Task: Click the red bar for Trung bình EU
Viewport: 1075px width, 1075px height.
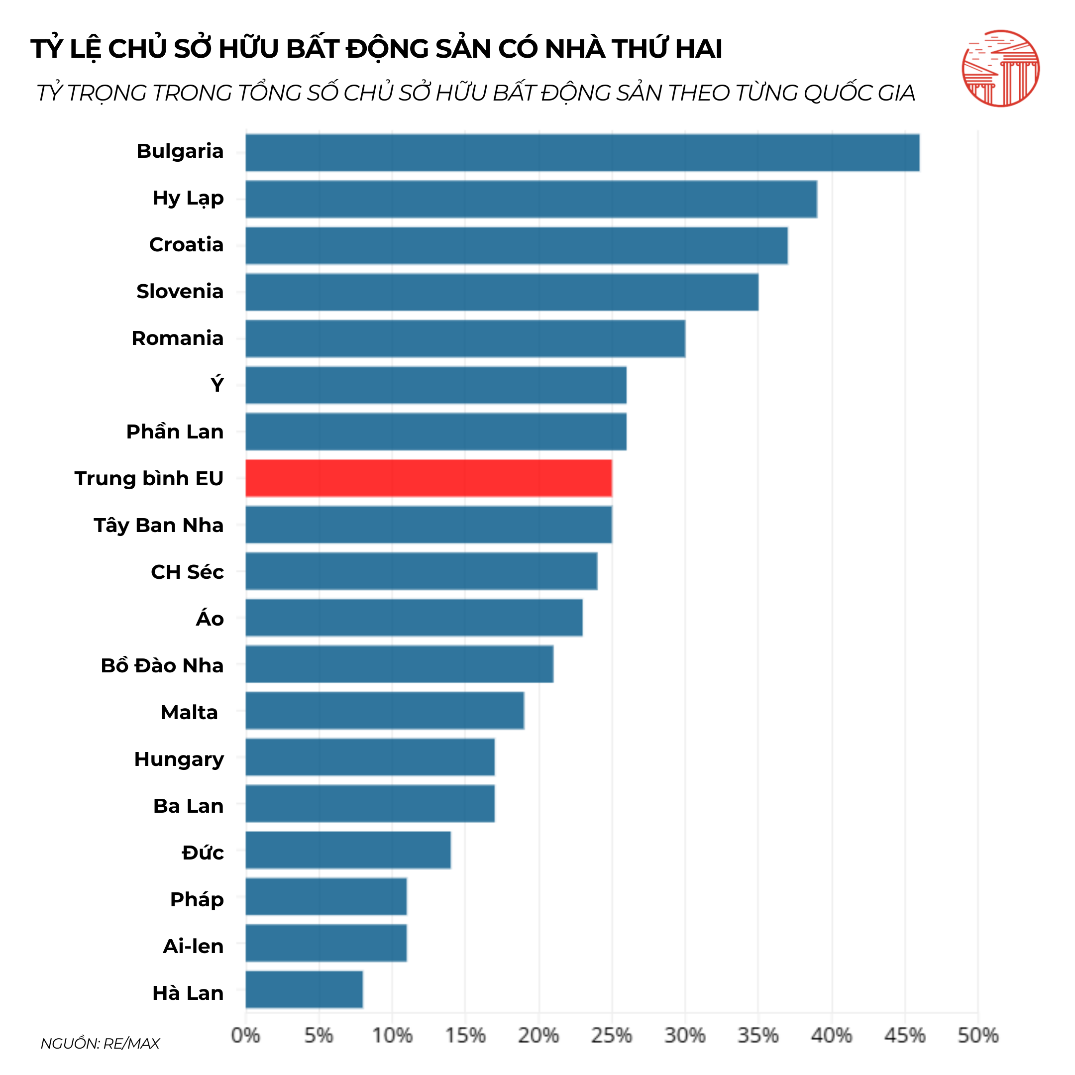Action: click(429, 478)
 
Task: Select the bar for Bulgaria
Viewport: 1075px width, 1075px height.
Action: click(582, 152)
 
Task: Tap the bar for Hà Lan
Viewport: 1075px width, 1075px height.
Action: click(304, 989)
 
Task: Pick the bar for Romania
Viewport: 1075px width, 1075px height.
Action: click(465, 338)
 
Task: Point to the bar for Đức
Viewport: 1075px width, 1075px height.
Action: click(348, 850)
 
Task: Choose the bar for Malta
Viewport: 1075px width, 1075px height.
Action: click(385, 711)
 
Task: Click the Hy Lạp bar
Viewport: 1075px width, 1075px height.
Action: click(531, 199)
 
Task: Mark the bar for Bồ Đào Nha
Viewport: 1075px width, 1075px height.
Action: click(399, 664)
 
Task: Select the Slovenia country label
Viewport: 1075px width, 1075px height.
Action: click(180, 292)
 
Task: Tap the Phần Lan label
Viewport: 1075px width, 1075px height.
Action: click(175, 432)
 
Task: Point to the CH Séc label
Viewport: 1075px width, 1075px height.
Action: click(187, 572)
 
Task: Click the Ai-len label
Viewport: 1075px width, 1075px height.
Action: click(193, 946)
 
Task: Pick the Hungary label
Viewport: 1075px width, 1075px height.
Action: click(179, 759)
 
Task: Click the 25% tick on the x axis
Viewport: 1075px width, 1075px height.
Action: click(612, 1036)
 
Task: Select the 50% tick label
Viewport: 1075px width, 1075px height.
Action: click(977, 1036)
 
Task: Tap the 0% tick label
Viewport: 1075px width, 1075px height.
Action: click(245, 1036)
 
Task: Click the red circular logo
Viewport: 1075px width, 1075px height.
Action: click(1000, 69)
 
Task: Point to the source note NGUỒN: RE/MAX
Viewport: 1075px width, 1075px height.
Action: click(100, 1043)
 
